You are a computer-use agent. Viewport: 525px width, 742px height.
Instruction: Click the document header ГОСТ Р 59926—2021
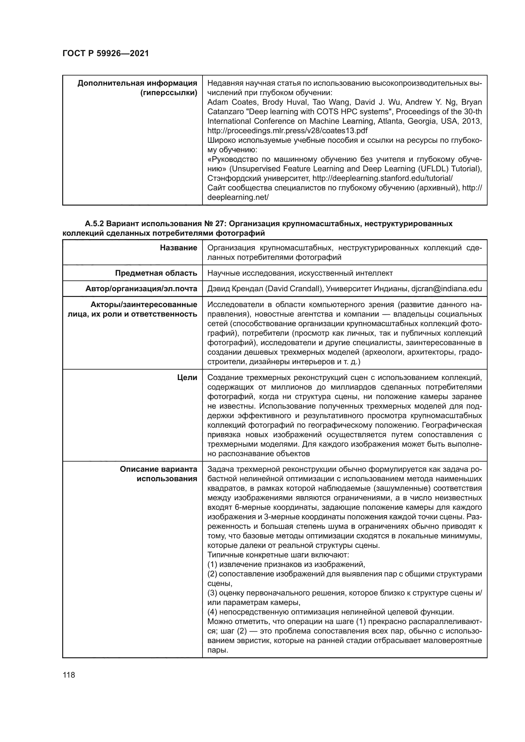(105, 53)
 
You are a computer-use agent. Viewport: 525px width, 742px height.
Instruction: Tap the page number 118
(69, 675)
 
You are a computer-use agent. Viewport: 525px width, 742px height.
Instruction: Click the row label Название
(178, 248)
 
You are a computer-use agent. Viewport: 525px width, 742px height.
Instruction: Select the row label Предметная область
(156, 273)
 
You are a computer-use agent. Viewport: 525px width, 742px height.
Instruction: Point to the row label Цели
(187, 378)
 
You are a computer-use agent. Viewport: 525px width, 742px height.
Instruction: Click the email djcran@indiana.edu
(447, 289)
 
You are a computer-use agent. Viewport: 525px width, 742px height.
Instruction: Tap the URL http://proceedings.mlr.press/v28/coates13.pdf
(287, 131)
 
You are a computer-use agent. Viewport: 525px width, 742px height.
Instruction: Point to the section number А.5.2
(94, 224)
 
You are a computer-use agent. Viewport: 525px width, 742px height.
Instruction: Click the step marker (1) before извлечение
(212, 565)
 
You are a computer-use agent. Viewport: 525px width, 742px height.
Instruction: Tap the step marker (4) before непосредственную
(212, 612)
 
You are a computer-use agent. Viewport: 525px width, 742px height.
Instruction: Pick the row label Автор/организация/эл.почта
(141, 289)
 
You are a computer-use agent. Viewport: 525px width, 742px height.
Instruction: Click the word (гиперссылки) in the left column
(169, 93)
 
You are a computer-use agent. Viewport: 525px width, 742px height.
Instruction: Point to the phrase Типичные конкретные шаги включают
(278, 555)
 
